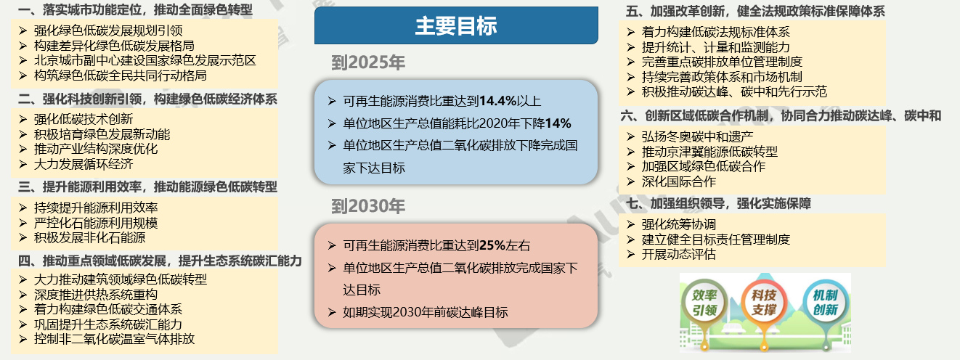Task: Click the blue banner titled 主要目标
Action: tap(456, 25)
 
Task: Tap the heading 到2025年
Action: tap(367, 62)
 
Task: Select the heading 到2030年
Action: tap(367, 206)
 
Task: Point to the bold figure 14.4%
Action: tap(497, 101)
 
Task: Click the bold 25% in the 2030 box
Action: tap(492, 245)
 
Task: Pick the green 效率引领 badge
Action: tap(704, 303)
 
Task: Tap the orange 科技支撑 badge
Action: tap(764, 303)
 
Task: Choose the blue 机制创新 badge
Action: tap(825, 303)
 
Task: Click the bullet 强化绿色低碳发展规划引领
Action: tap(108, 30)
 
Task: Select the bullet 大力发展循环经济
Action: tap(84, 164)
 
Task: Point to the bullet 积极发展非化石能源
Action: tap(89, 237)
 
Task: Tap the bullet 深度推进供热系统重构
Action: tap(96, 295)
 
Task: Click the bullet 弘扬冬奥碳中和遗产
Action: tap(697, 136)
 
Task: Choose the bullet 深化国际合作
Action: tap(678, 181)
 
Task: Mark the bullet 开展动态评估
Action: tap(678, 254)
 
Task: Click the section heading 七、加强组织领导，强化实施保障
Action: tap(718, 203)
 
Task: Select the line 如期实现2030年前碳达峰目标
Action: tap(425, 312)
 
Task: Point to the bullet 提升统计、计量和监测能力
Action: tap(715, 47)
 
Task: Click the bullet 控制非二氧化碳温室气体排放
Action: tap(114, 338)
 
